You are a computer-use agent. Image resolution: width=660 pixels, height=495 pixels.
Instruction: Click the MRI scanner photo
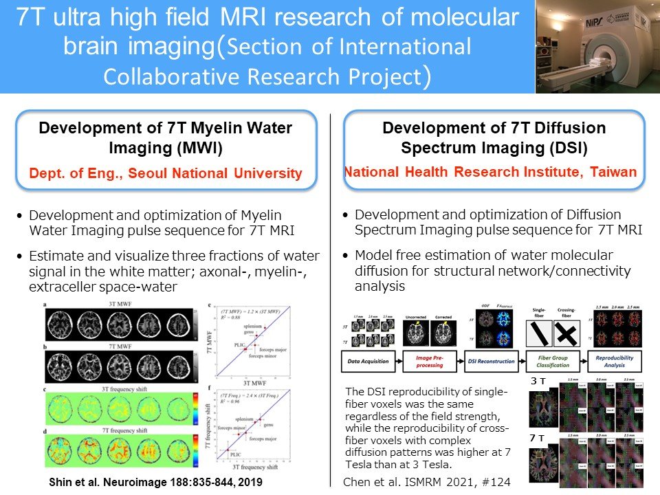[x=597, y=46]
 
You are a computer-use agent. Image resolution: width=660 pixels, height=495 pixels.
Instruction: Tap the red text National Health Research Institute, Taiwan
[x=489, y=173]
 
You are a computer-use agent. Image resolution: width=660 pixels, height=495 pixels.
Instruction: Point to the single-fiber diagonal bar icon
[x=539, y=335]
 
